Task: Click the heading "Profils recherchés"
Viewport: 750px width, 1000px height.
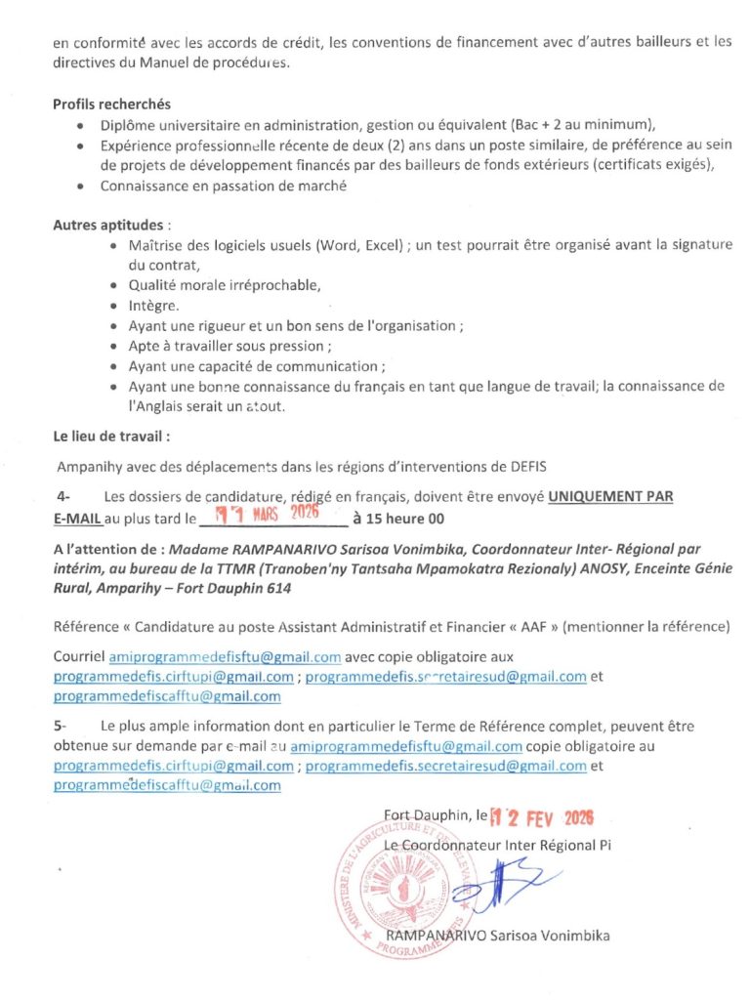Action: point(111,104)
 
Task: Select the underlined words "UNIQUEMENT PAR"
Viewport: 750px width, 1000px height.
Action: point(609,497)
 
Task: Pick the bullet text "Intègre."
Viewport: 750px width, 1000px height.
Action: point(153,306)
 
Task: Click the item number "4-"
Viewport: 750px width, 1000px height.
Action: point(63,497)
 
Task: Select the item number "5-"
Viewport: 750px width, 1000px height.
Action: point(62,727)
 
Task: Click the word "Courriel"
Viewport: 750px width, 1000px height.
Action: point(78,656)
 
